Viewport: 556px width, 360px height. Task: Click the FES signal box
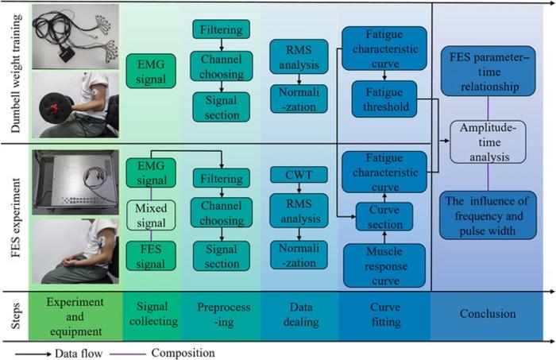(x=150, y=256)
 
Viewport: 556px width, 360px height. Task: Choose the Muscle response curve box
(x=384, y=264)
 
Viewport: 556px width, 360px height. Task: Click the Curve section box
(x=384, y=216)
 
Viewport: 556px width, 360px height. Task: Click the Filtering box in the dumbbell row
(x=221, y=30)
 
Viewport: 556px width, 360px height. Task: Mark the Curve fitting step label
(x=384, y=314)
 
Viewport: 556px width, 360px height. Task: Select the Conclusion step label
(x=488, y=314)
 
